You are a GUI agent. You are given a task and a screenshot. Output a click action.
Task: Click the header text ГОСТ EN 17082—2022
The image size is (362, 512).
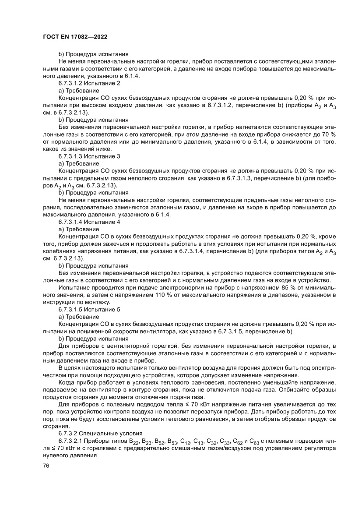tap(75, 38)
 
